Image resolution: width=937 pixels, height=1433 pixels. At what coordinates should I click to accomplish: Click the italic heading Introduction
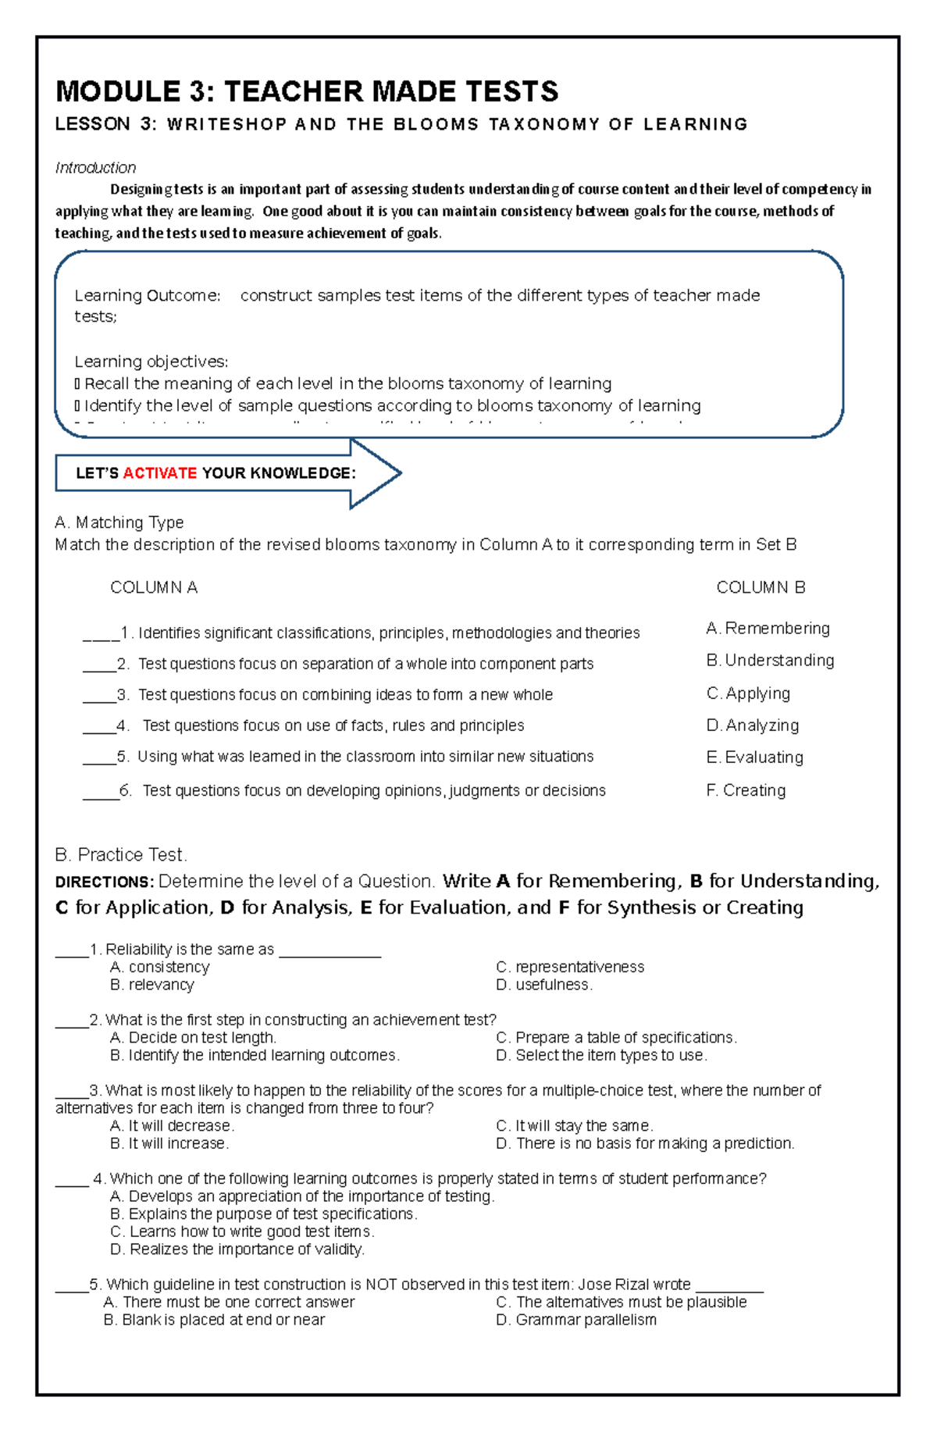pos(95,168)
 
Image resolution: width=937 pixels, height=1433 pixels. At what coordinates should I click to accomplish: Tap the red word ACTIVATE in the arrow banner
pos(160,473)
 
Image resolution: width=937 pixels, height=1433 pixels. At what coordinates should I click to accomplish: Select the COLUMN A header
pos(154,587)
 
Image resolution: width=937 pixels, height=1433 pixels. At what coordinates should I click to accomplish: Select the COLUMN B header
pos(761,587)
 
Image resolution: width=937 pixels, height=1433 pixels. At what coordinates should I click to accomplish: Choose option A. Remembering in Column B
pos(768,629)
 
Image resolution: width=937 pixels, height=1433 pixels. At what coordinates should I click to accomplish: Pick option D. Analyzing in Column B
pos(752,725)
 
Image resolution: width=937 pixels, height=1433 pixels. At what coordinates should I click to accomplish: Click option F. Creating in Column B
pos(746,790)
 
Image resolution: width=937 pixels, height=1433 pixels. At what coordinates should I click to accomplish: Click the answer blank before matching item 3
pos(99,696)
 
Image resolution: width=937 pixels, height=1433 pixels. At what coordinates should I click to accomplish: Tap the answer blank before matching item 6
pos(101,792)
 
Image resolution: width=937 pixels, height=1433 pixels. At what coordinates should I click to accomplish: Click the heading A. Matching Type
pos(119,522)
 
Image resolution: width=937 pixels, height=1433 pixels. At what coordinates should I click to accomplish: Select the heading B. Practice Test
pos(121,854)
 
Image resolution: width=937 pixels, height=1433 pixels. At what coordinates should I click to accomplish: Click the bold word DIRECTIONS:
pos(105,882)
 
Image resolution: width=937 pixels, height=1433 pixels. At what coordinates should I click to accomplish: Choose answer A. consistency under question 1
pos(160,967)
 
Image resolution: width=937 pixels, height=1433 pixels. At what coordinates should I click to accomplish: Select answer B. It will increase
pos(169,1143)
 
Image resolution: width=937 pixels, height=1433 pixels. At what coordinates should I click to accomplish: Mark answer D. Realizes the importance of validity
pos(237,1249)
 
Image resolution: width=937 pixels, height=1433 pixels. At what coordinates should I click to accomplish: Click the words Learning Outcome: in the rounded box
pos(148,296)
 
